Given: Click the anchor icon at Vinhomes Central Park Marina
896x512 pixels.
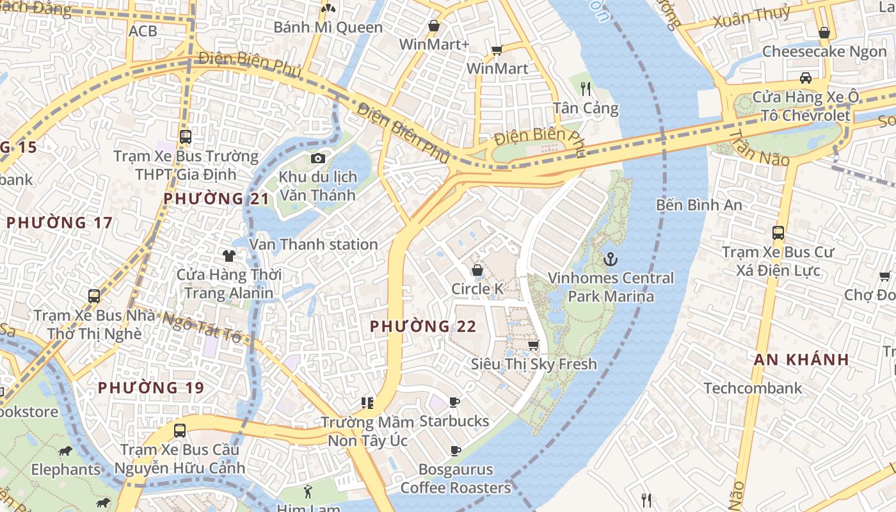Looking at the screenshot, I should pos(611,259).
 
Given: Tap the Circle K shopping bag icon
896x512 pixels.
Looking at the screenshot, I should pos(477,270).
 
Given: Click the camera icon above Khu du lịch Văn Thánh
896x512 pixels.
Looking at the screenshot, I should pos(317,158).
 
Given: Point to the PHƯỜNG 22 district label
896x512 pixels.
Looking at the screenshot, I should pos(423,326).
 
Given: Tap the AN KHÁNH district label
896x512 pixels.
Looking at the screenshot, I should pos(801,359).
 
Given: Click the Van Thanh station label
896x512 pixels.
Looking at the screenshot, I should pos(314,244).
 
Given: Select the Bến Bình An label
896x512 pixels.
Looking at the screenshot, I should pos(699,205).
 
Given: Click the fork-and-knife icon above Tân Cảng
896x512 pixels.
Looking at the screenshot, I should pos(585,88).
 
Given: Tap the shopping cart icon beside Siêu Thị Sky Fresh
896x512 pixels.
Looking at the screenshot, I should pos(532,346).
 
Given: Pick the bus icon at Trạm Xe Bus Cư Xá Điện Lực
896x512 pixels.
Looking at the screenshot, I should pos(778,233).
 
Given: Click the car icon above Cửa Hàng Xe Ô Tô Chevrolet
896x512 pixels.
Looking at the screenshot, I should pos(806,78).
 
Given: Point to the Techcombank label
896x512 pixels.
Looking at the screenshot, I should pos(753,388).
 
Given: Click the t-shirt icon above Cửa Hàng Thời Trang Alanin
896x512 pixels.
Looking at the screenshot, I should pos(229,256).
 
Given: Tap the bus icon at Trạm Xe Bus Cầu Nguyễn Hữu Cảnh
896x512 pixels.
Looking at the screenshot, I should pos(180,430).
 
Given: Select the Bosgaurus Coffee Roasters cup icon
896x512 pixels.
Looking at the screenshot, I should pos(455,451).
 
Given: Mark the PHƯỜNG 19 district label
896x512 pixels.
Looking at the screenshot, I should pos(151,387).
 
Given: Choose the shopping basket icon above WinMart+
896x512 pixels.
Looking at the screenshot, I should pos(434,26).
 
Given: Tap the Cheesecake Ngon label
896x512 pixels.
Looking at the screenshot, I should pos(824,52).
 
